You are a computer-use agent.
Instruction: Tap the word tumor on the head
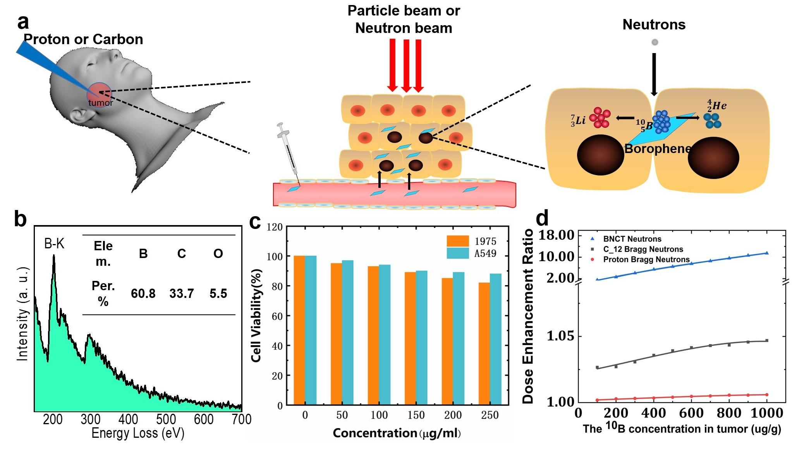[x=101, y=103]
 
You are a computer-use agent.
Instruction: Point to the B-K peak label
[x=54, y=244]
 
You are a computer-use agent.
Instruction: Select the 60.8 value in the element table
[x=143, y=294]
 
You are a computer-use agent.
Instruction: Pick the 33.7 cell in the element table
[x=181, y=294]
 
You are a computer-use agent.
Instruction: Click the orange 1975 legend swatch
[x=458, y=241]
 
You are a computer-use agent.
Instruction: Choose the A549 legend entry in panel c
[x=485, y=254]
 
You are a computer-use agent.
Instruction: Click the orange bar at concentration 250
[x=484, y=344]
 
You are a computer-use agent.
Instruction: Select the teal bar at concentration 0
[x=311, y=330]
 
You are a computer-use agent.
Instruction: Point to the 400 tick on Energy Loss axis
[x=128, y=419]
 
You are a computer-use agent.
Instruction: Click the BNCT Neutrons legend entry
[x=632, y=239]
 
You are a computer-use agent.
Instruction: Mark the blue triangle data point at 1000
[x=766, y=253]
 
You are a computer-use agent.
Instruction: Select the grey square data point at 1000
[x=766, y=341]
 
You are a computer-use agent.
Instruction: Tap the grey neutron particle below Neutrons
[x=655, y=42]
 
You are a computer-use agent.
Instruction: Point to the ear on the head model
[x=82, y=116]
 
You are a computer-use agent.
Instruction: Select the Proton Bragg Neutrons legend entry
[x=646, y=259]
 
